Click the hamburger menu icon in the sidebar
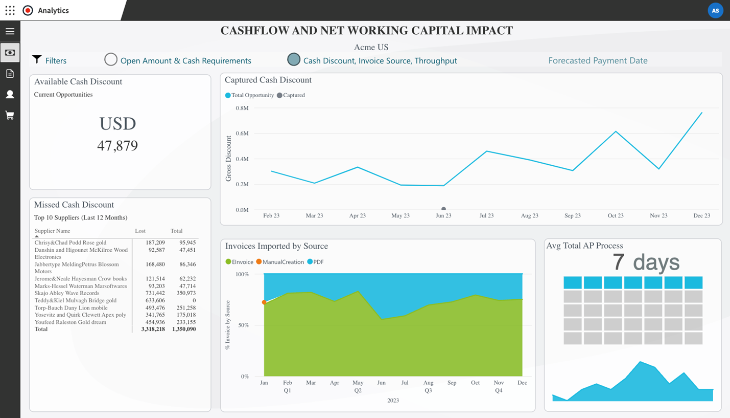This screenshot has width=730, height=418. click(x=10, y=32)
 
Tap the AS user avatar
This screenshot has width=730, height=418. click(x=715, y=10)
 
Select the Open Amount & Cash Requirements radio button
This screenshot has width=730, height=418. click(x=111, y=60)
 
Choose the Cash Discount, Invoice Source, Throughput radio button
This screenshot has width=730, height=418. click(x=294, y=60)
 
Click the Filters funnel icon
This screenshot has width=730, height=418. click(x=37, y=60)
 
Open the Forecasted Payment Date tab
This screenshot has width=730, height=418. click(x=598, y=60)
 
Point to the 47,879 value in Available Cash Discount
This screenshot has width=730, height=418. click(x=117, y=146)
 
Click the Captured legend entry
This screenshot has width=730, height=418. click(x=291, y=95)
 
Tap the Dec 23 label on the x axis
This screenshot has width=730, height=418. click(x=701, y=216)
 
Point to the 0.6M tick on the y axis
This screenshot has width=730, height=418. click(x=242, y=134)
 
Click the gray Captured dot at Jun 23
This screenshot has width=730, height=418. click(x=443, y=209)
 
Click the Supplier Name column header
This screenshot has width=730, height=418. click(x=52, y=231)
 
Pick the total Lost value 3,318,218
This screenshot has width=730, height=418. click(x=153, y=329)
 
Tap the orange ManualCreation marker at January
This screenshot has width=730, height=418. click(x=264, y=302)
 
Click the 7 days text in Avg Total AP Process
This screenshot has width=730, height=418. click(x=646, y=262)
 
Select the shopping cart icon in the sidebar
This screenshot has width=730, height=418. click(x=10, y=116)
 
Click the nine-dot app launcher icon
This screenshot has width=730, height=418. click(x=10, y=10)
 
